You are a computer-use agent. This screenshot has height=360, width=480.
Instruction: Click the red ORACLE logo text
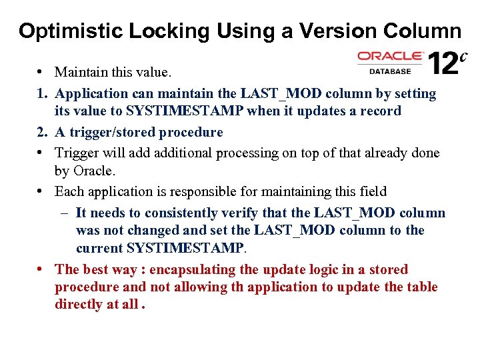click(390, 57)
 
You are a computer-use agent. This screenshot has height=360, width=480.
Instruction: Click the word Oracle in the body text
click(95, 171)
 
